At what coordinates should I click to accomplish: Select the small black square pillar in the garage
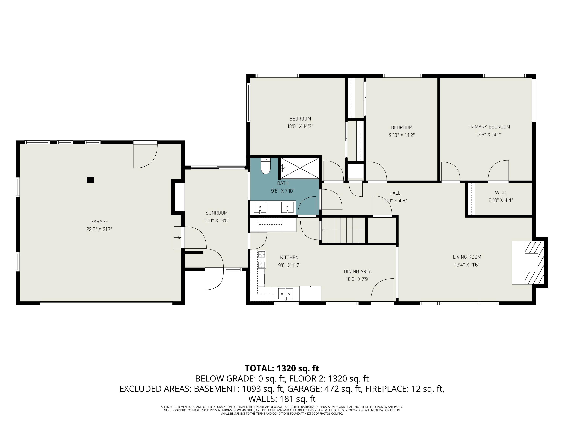(x=90, y=180)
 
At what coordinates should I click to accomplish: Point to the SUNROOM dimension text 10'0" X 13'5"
(x=216, y=221)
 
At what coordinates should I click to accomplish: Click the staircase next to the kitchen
(x=343, y=230)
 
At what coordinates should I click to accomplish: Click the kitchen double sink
(x=285, y=293)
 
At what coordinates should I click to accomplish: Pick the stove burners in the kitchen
(x=262, y=260)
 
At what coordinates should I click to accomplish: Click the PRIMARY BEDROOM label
(x=489, y=127)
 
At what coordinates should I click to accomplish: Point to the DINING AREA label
(x=358, y=271)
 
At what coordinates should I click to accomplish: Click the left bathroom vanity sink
(x=260, y=207)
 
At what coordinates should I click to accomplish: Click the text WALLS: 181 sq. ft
(x=282, y=399)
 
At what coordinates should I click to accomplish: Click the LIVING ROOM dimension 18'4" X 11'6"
(x=467, y=265)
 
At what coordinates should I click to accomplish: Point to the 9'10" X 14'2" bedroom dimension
(x=402, y=135)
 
